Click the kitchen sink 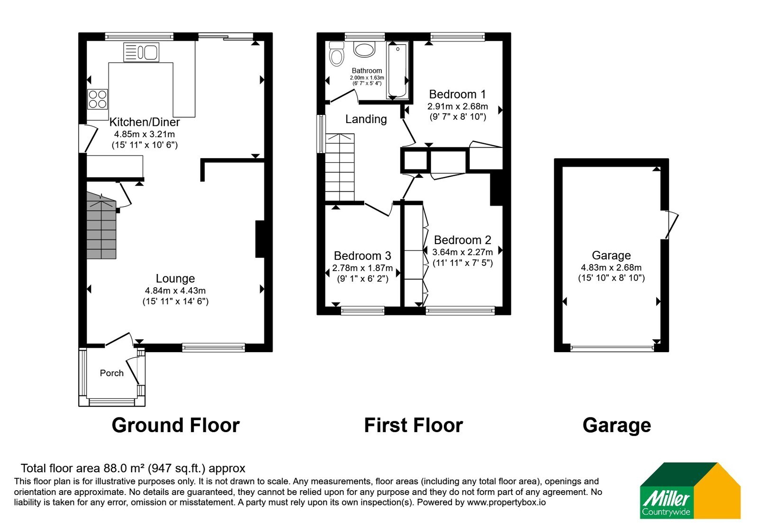141,52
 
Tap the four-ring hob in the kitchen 98,99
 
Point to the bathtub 397,71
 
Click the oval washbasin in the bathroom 364,49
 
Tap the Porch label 112,373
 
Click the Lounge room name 175,279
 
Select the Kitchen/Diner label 144,122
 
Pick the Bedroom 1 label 458,94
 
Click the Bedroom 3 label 362,256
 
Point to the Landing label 366,119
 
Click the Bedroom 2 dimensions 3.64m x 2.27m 462,252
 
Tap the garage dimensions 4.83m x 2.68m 611,267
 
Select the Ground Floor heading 176,425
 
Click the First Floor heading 414,425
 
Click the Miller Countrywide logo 690,490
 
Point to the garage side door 671,225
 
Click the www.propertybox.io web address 506,503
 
